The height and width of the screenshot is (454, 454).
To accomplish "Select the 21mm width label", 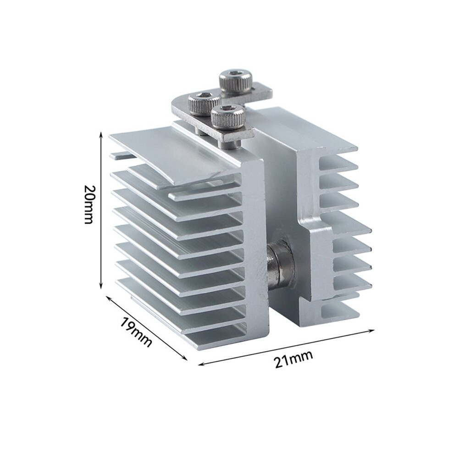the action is (293, 359).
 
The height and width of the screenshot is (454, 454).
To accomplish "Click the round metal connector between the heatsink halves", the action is (281, 262).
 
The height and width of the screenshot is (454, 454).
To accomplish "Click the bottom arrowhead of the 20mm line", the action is (101, 286).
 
